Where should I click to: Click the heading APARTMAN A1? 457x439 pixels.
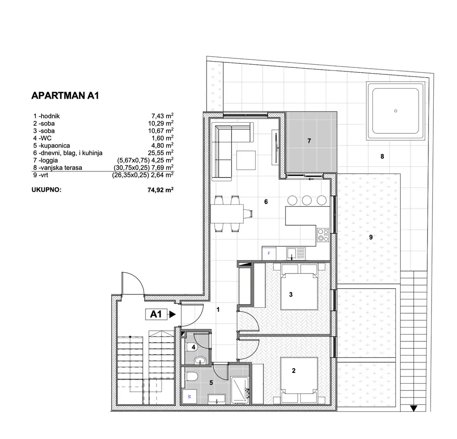[65, 95]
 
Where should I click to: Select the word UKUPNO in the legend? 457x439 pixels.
[46, 189]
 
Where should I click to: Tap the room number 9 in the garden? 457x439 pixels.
[371, 237]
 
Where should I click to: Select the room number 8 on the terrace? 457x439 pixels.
[382, 157]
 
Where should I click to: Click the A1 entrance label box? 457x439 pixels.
[156, 315]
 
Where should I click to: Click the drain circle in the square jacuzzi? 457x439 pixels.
[395, 111]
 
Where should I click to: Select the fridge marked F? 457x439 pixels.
[269, 253]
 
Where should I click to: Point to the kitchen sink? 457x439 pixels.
[292, 253]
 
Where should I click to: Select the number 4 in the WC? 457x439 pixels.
[193, 347]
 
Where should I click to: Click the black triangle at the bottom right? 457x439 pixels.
[413, 408]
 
